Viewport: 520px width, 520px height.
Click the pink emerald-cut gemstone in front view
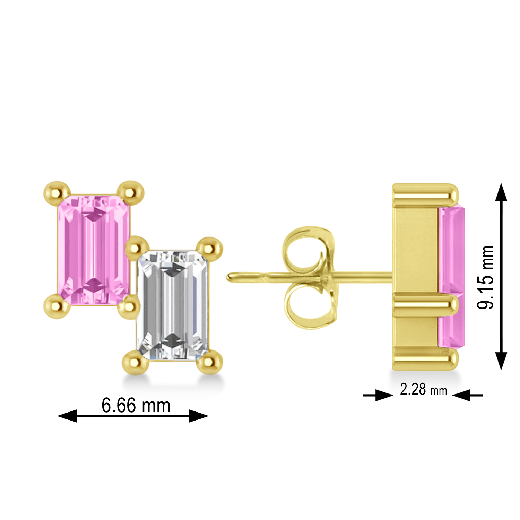click(x=93, y=250)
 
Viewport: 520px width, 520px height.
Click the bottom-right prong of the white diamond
click(x=209, y=362)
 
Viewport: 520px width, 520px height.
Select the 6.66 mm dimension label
click(x=136, y=405)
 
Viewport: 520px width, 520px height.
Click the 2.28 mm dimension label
click(x=423, y=390)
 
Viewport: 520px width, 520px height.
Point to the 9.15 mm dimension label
click(x=485, y=277)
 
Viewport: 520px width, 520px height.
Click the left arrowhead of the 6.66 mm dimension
click(x=68, y=416)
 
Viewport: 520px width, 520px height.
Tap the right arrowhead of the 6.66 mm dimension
click(x=198, y=416)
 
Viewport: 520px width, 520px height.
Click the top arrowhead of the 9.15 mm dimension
click(x=501, y=192)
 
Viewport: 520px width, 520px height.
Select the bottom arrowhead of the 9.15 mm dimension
click(x=501, y=361)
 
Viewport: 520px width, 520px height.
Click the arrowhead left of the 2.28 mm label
click(x=384, y=395)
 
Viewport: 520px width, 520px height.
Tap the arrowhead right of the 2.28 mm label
click(x=461, y=395)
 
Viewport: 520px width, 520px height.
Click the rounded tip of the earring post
click(x=230, y=277)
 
